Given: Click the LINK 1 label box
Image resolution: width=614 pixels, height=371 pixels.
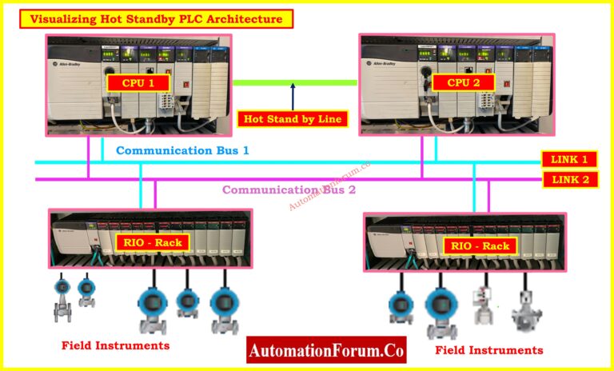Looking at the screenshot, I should pos(569,159).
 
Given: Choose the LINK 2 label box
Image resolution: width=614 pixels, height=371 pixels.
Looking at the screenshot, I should pos(569,179).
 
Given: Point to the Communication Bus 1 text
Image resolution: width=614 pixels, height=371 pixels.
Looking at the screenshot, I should pos(183,150).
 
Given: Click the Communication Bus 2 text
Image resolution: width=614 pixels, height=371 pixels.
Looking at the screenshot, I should pos(289,189).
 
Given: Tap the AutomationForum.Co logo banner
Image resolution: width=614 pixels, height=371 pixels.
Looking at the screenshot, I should pos(327,349).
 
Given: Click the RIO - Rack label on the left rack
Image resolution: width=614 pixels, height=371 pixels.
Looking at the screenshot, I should pos(156,242).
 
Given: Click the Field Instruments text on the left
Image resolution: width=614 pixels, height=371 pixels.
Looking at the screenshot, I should pos(116,345).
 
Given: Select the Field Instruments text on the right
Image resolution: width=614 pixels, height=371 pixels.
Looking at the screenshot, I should pos(489,349).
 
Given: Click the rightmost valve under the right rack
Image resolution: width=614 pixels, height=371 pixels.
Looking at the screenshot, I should pos(527,306).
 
